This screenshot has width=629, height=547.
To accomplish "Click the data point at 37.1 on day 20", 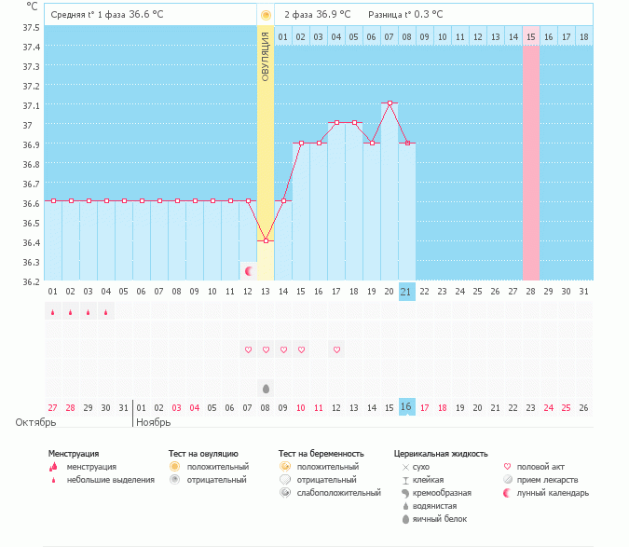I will (x=390, y=103).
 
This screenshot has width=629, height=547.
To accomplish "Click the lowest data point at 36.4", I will (x=266, y=240).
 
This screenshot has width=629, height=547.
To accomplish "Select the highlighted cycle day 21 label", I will (x=406, y=292).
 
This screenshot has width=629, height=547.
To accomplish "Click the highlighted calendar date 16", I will (x=406, y=407).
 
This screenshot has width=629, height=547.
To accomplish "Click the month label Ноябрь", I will (x=153, y=422).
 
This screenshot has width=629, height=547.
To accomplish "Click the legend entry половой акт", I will (x=540, y=466).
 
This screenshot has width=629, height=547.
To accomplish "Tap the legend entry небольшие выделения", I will (x=103, y=479).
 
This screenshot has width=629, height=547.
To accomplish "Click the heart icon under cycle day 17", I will (x=336, y=349).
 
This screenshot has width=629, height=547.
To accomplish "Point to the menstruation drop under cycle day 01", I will (x=53, y=313).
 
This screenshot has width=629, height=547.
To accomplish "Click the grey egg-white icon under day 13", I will (x=266, y=388).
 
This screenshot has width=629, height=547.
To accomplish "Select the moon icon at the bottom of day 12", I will (x=249, y=271).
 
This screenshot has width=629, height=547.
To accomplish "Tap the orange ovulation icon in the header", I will (x=266, y=15).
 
